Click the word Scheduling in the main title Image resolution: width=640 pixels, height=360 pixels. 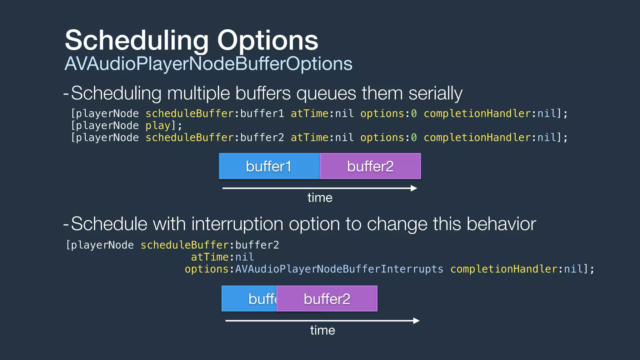[x=137, y=41]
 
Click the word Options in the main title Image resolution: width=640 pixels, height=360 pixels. [x=268, y=41]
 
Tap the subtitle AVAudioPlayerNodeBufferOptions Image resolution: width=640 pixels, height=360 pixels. [x=208, y=64]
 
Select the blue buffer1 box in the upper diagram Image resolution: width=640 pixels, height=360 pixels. [x=269, y=166]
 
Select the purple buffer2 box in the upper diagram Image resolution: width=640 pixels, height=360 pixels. [x=370, y=166]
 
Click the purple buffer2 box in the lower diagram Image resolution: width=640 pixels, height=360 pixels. [x=327, y=299]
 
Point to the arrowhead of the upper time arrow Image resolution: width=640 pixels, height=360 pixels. [x=414, y=188]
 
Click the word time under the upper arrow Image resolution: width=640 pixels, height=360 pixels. [x=320, y=198]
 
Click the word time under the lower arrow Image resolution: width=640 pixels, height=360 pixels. [x=322, y=330]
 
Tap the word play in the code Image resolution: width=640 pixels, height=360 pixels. [x=158, y=126]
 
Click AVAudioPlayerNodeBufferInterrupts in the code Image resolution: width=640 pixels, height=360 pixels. [x=339, y=269]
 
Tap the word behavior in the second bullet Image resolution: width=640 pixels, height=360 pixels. [x=501, y=224]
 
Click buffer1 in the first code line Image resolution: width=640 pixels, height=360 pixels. [x=262, y=113]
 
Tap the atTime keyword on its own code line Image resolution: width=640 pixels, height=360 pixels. [x=210, y=257]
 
